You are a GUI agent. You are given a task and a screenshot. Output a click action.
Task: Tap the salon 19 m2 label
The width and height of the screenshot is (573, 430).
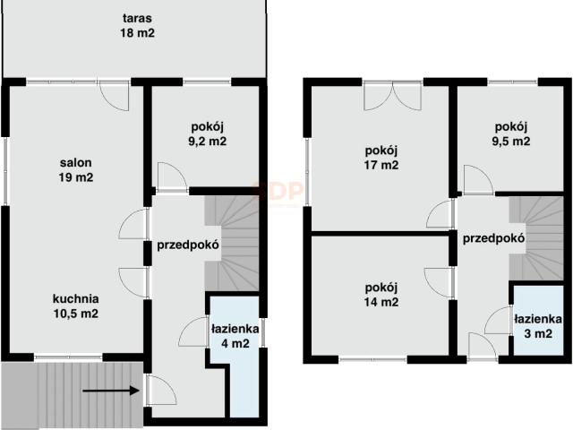pos(76,170)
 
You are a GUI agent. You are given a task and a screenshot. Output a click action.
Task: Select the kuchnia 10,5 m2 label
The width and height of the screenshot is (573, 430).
pos(75,306)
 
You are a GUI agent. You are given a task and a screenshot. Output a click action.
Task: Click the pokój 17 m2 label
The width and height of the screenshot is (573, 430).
pos(381,157)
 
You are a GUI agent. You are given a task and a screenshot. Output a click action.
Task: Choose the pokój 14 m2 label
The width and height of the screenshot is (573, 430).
pos(381,294)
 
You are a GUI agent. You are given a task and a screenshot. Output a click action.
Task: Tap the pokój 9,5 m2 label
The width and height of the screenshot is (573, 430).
pos(512,133)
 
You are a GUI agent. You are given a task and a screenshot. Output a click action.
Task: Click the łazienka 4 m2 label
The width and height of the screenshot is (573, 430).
pos(236,334)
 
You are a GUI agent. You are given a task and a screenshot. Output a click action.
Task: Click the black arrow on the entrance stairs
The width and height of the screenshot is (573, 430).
pos(112,391)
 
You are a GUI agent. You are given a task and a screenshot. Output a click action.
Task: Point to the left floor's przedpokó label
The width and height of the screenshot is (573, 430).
pos(189,245)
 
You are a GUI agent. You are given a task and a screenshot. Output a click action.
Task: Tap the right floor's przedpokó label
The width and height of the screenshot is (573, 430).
pos(493,238)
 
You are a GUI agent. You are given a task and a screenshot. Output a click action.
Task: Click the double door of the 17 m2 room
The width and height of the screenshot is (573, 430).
pos(392,95)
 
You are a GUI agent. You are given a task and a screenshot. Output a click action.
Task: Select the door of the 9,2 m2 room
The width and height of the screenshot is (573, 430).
pos(171,176)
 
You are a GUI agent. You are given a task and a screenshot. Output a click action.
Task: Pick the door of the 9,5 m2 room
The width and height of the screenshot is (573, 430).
pos(475,180)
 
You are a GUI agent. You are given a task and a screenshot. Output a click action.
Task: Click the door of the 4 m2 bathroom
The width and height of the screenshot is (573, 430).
pos(194,333)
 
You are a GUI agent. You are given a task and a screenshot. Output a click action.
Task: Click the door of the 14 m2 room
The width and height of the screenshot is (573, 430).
pos(440,280)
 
